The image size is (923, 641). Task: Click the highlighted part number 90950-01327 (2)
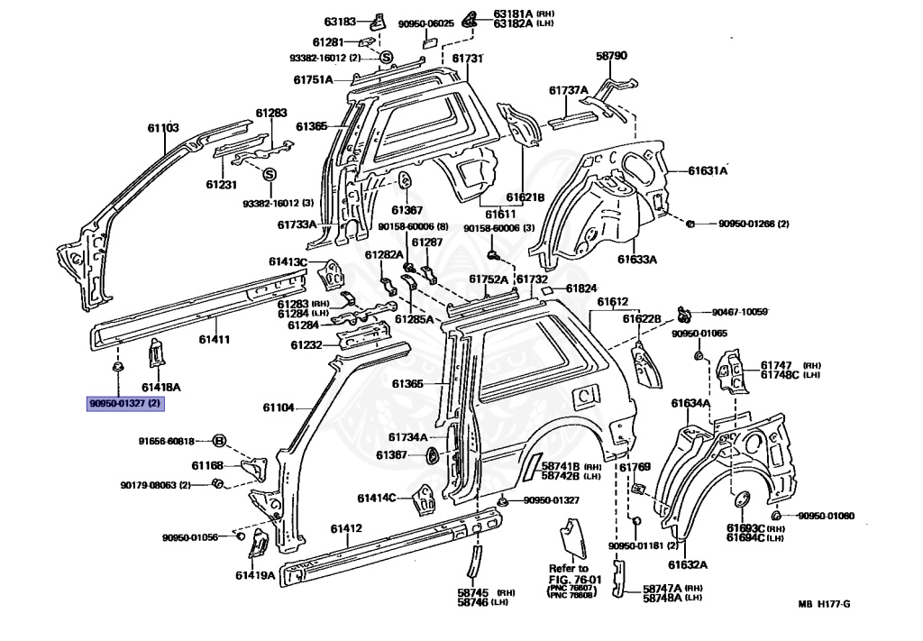124,404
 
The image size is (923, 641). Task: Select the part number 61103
163,128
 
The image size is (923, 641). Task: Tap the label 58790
611,56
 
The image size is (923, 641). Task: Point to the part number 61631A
708,169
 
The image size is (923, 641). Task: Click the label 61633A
637,259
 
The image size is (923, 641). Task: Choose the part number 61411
215,339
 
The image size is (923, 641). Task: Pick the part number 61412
346,528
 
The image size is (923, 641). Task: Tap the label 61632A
688,565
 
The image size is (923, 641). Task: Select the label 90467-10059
739,312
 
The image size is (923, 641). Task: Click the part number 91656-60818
166,441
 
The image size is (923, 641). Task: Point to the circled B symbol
218,441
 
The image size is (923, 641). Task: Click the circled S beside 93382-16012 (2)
386,59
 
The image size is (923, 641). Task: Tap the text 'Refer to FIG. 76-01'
569,573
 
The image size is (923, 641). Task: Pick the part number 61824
581,288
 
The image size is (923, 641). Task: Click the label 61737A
569,90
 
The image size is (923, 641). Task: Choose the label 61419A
255,574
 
